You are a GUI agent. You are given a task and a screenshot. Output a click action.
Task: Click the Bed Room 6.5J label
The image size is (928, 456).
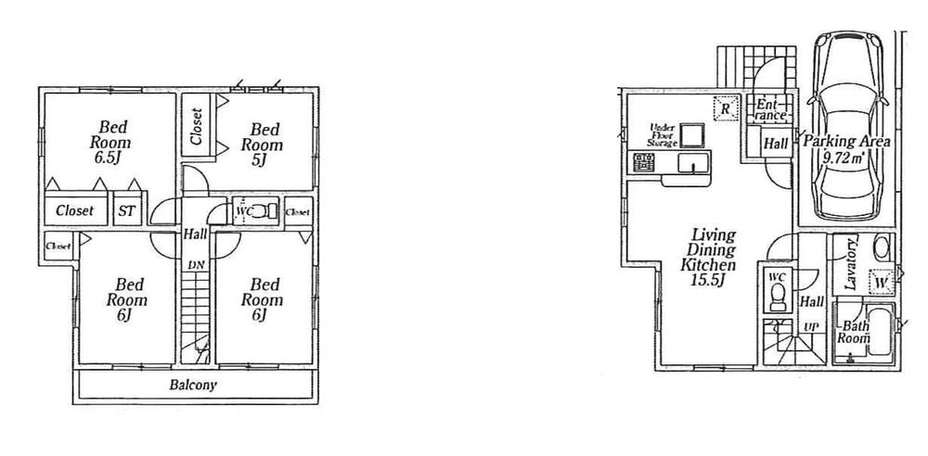tap(110, 143)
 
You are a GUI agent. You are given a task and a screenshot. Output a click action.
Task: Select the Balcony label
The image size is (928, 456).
tap(193, 385)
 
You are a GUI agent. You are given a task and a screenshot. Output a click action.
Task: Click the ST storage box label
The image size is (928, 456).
tap(126, 211)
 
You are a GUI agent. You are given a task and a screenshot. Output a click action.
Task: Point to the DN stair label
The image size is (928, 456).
tap(195, 265)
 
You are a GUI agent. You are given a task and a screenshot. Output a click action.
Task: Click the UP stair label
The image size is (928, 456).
tap(810, 327)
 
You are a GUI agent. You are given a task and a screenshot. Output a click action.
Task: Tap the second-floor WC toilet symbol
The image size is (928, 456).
tap(264, 210)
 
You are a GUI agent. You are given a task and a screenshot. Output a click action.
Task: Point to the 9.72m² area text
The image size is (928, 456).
tap(845, 158)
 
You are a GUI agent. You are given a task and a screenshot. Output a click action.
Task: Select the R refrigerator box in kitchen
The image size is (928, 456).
tap(725, 109)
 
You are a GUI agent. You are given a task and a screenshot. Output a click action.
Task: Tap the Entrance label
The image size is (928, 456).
tap(771, 109)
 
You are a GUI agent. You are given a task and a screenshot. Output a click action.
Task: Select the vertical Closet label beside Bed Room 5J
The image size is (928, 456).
tap(197, 126)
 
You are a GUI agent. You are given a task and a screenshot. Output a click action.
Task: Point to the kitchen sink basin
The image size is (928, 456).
tap(691, 165)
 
